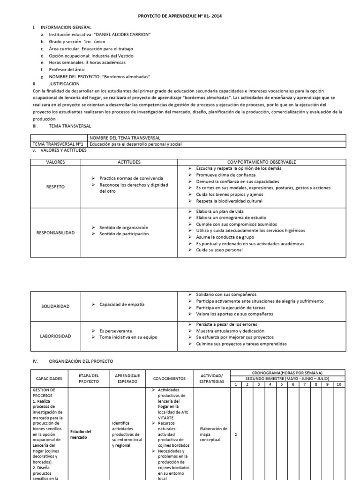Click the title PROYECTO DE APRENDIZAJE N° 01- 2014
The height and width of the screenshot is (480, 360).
coord(180,16)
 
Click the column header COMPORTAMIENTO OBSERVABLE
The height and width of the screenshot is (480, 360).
coord(261,162)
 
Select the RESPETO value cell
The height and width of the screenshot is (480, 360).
coord(55,186)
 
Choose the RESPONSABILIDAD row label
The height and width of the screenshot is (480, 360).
coord(55,232)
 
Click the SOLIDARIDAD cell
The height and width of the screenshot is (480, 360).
coord(55,306)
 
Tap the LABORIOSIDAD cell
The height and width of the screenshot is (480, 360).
coord(55,336)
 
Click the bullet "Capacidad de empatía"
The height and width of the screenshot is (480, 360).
coord(122,304)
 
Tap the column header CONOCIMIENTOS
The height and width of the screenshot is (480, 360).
coord(169,378)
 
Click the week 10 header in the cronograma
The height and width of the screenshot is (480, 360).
coord(339,384)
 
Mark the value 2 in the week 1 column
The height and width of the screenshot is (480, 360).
coord(235,435)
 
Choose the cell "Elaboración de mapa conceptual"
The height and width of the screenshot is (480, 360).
coord(213,435)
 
